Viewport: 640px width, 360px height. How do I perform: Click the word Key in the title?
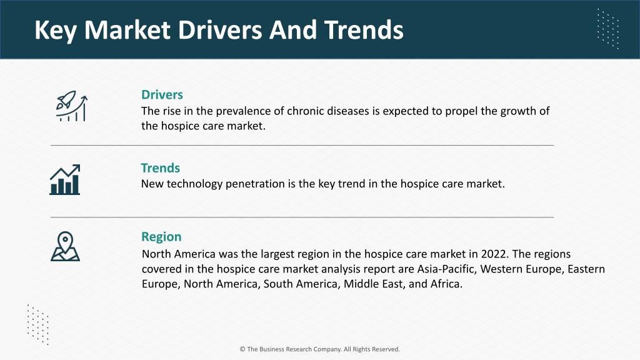point(56,30)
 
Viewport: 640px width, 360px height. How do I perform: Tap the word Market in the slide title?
point(127,30)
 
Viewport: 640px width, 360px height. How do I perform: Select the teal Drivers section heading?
point(162,95)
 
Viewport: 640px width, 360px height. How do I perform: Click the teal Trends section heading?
point(161,167)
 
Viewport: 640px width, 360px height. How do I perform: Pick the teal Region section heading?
point(161,237)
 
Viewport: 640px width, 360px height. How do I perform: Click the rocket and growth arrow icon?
point(72,106)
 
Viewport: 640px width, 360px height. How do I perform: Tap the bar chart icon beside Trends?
point(65,179)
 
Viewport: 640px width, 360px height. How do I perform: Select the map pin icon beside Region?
point(65,246)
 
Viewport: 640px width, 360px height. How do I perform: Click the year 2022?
point(495,254)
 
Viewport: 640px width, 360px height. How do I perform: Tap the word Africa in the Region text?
point(446,284)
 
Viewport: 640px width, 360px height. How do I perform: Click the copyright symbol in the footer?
point(242,349)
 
